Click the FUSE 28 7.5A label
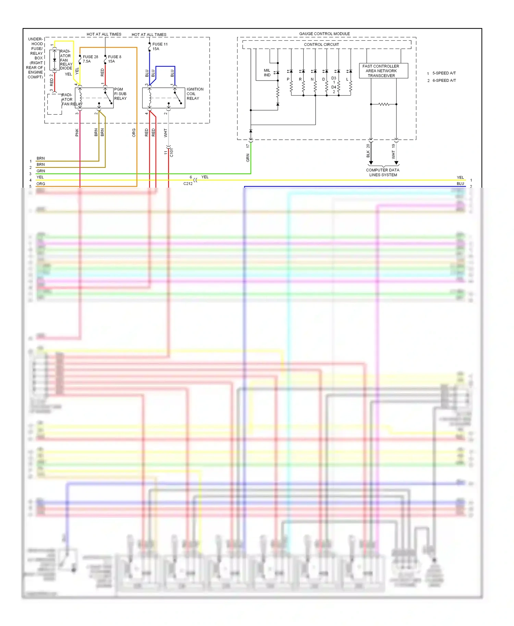pyautogui.click(x=90, y=59)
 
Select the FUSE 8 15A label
pyautogui.click(x=114, y=59)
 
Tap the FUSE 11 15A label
pyautogui.click(x=160, y=46)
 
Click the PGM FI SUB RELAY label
pyautogui.click(x=120, y=94)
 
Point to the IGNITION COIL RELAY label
pyautogui.click(x=195, y=94)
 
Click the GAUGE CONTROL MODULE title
pyautogui.click(x=324, y=34)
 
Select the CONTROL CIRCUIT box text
pyautogui.click(x=321, y=45)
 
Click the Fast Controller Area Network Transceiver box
pyautogui.click(x=383, y=71)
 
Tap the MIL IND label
pyautogui.click(x=267, y=73)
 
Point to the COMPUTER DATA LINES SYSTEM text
pyautogui.click(x=382, y=172)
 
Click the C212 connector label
pyautogui.click(x=188, y=184)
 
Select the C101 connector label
pyautogui.click(x=172, y=152)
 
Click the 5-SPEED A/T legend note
pyautogui.click(x=443, y=73)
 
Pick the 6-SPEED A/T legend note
pyautogui.click(x=444, y=80)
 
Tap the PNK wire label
pyautogui.click(x=77, y=133)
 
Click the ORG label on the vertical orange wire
pyautogui.click(x=134, y=133)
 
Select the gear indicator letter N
pyautogui.click(x=312, y=79)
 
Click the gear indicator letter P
pyautogui.click(x=288, y=79)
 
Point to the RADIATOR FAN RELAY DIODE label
pyautogui.click(x=66, y=60)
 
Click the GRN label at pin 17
pyautogui.click(x=247, y=158)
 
